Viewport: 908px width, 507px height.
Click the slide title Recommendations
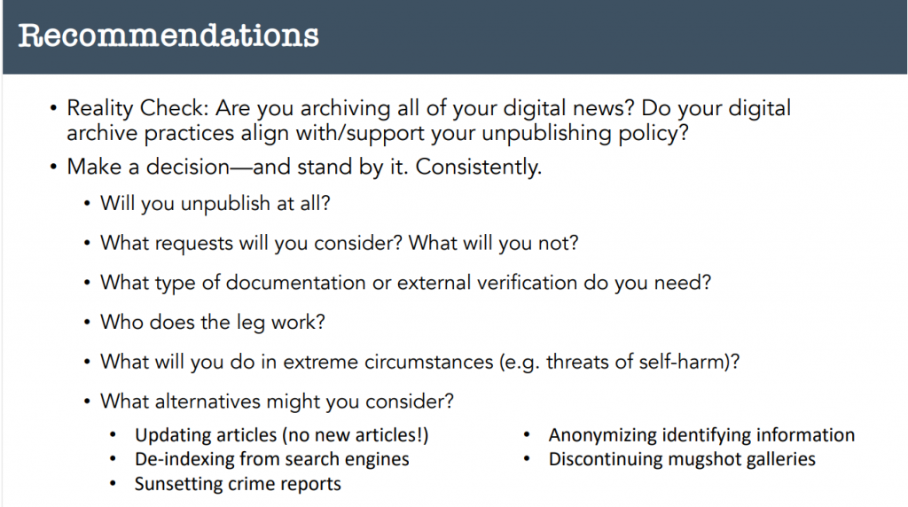[x=168, y=35]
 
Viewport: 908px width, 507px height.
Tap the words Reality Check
[x=137, y=108]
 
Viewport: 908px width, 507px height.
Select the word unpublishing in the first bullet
[x=546, y=134]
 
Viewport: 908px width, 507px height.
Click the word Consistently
[x=478, y=168]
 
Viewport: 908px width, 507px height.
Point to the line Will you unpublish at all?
[x=215, y=204]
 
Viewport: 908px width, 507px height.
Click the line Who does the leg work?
[x=213, y=323]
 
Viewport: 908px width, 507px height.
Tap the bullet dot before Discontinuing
[x=527, y=459]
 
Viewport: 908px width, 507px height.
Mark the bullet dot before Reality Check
[x=53, y=108]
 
